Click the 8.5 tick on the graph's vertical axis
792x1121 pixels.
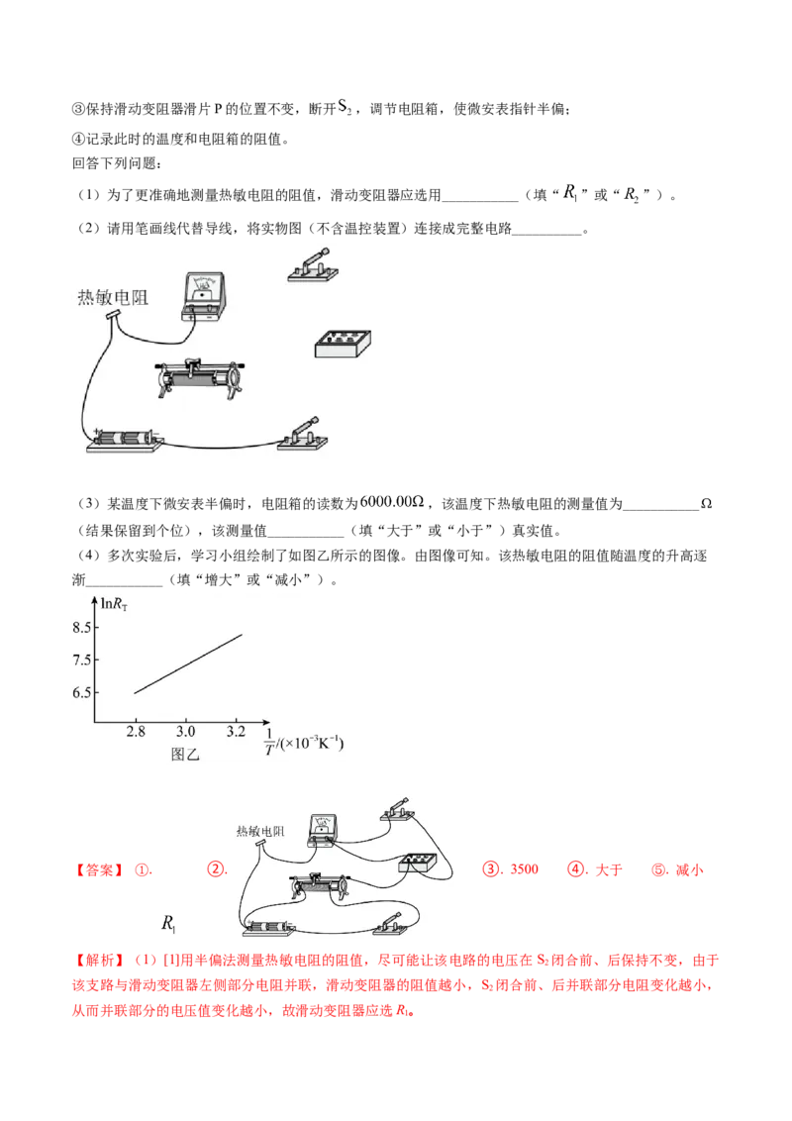(x=81, y=628)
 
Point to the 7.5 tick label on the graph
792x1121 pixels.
(x=81, y=660)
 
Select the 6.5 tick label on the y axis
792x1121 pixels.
(x=81, y=693)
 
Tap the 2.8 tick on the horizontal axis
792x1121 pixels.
(x=136, y=732)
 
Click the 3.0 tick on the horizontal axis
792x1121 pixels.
(x=186, y=732)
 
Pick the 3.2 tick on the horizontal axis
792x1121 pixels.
(x=236, y=732)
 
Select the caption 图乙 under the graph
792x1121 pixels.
(x=185, y=755)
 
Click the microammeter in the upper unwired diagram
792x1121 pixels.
(x=204, y=296)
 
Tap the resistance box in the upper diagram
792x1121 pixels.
(x=344, y=344)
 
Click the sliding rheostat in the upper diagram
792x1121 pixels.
(x=199, y=377)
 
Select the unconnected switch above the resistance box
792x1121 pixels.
(x=313, y=265)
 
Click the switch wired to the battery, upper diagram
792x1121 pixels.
(x=302, y=434)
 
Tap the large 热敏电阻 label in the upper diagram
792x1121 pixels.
(x=113, y=297)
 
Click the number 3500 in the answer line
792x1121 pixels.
(x=524, y=869)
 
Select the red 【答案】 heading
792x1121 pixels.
(x=99, y=870)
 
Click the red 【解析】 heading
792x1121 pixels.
(x=99, y=961)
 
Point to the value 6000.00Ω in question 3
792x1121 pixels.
(x=392, y=502)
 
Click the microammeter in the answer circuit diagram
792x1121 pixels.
(x=323, y=829)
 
